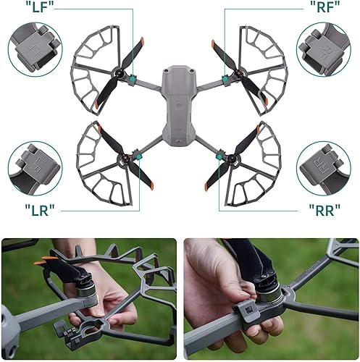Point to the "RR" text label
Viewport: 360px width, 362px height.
316,211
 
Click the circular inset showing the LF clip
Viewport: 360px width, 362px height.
35,49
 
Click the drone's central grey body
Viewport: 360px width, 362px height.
178,101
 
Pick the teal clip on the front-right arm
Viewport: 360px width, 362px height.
226,78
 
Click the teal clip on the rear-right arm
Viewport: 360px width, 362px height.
225,153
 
